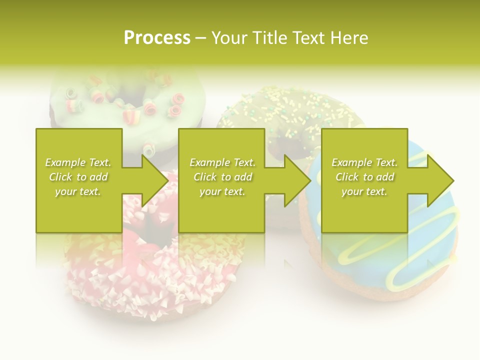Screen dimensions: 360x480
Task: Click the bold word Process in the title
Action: coord(157,38)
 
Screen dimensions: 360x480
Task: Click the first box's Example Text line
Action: coord(78,162)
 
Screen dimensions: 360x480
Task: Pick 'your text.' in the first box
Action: coord(78,191)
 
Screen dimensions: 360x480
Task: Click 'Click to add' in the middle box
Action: coord(223,177)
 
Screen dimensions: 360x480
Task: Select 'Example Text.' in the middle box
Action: coord(223,162)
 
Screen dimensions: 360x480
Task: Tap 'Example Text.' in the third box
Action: coord(365,162)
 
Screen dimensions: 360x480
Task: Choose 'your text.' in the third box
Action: coord(365,191)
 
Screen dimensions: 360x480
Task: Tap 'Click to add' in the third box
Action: coord(365,177)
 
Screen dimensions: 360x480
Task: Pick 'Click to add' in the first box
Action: coord(78,177)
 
